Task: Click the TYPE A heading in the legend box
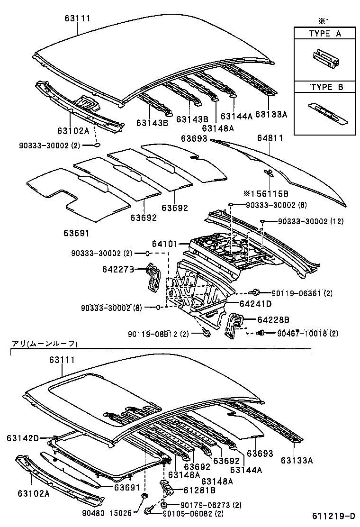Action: (325, 34)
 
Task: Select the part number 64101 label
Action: (164, 244)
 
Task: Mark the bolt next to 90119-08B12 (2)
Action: (207, 333)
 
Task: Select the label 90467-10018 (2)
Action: (307, 333)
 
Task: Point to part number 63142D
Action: (22, 438)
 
